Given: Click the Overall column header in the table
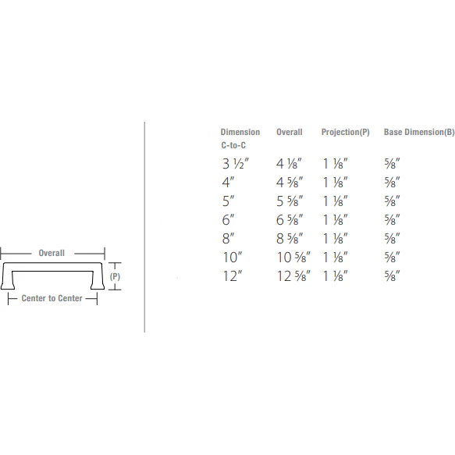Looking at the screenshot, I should [289, 133].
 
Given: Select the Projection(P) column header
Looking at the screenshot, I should [345, 133].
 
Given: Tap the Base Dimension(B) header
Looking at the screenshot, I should [418, 133].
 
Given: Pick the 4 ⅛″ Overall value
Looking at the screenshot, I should [290, 164].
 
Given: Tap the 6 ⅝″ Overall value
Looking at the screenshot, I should [290, 219].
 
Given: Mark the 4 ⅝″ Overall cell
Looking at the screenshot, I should [290, 183].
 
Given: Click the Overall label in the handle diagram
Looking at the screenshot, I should [52, 253].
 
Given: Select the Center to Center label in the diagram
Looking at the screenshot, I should [52, 299].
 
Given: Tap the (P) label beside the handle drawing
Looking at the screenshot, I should [114, 276].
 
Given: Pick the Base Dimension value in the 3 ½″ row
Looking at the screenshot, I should [392, 164].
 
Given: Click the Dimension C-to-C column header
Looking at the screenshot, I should [240, 139].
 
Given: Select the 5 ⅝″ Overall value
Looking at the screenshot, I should [290, 201].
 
